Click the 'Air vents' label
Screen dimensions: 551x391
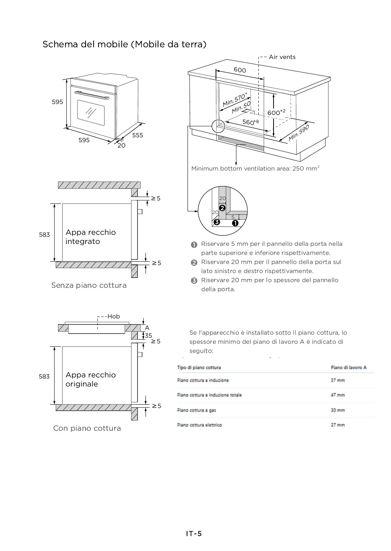pyautogui.click(x=282, y=57)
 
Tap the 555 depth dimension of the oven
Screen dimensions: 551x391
pyautogui.click(x=138, y=135)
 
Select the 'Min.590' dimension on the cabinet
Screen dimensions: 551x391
pyautogui.click(x=299, y=133)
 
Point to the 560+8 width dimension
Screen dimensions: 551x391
pyautogui.click(x=250, y=122)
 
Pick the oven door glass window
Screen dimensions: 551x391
pyautogui.click(x=91, y=112)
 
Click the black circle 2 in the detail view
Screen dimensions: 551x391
pyautogui.click(x=222, y=208)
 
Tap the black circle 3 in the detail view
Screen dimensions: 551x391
pyautogui.click(x=216, y=222)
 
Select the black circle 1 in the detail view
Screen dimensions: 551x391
pyautogui.click(x=235, y=223)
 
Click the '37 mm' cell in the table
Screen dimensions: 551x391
pyautogui.click(x=338, y=380)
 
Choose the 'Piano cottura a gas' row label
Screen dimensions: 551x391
pyautogui.click(x=196, y=410)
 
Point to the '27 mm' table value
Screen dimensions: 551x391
pyautogui.click(x=338, y=425)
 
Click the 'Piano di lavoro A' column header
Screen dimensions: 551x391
pyautogui.click(x=348, y=367)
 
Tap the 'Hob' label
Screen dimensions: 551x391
pyautogui.click(x=114, y=317)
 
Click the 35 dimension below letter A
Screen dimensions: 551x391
pyautogui.click(x=148, y=335)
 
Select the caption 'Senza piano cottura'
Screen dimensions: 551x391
pyautogui.click(x=89, y=286)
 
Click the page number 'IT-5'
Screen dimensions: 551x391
pyautogui.click(x=194, y=534)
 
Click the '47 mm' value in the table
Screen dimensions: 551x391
pyautogui.click(x=338, y=395)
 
